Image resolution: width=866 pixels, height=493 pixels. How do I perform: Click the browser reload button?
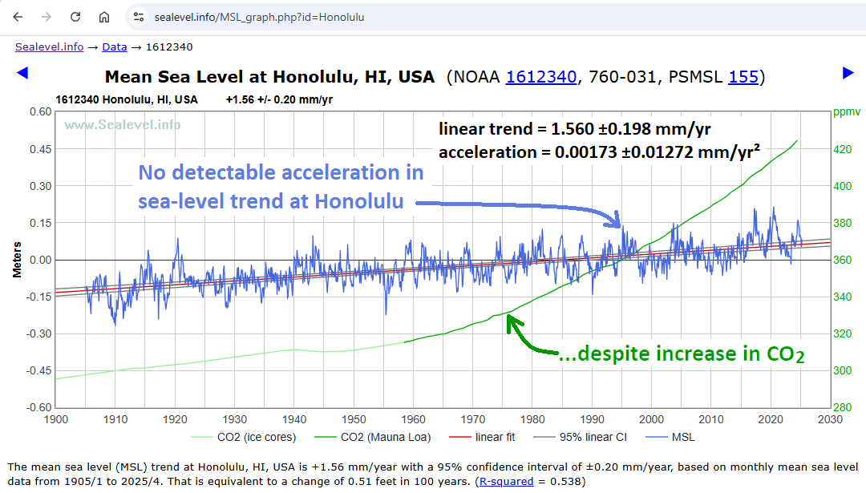point(75,17)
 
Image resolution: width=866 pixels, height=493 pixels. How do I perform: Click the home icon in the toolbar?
point(104,17)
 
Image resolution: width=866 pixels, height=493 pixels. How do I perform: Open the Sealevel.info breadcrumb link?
point(49,47)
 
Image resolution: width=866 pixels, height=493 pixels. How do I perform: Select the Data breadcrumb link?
point(115,47)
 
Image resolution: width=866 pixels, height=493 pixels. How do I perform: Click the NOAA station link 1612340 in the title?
point(541,77)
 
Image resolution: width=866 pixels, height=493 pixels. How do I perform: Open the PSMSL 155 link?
point(743,77)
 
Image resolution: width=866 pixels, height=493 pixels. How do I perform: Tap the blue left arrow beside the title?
point(22,74)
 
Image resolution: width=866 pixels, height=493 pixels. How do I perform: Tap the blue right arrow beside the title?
point(848,74)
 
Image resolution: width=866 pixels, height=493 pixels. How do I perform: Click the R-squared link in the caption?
point(504,482)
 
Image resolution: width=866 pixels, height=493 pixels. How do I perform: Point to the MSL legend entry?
point(682,438)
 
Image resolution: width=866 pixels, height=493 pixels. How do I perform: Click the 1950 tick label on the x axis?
point(354,419)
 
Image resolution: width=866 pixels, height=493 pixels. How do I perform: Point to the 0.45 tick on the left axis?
point(40,149)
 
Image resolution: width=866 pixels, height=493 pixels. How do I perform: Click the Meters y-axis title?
point(17,260)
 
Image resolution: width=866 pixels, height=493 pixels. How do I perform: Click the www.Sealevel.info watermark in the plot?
point(122,125)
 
